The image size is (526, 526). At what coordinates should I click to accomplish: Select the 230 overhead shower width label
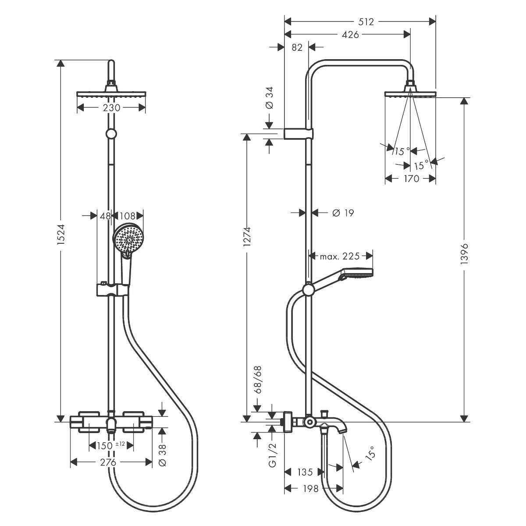pos(111,107)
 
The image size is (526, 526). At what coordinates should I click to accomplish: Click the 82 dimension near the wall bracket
pos(297,47)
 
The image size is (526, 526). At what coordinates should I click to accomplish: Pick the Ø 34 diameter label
pos(269,98)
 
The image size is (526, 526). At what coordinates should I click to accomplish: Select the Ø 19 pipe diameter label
pos(343,213)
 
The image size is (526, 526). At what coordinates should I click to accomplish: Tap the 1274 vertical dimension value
pos(247,237)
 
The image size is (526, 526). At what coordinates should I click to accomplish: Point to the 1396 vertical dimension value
pos(465,252)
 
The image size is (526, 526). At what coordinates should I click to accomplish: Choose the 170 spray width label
pos(410,178)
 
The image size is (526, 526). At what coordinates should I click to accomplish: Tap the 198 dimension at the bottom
pos(310,488)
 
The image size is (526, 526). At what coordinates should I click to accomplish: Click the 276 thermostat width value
pos(108,462)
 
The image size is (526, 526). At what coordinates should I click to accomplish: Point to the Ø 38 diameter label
pos(162,456)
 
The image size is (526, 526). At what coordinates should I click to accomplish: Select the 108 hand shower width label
pos(128,216)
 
